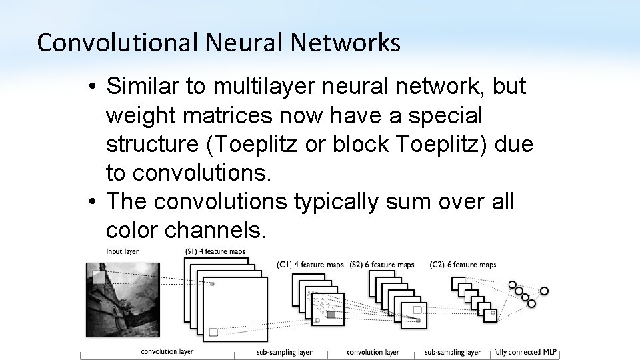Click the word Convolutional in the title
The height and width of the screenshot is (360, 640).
(x=117, y=43)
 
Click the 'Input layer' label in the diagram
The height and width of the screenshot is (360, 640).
(x=122, y=251)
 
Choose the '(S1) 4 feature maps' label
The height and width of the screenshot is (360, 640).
(x=215, y=251)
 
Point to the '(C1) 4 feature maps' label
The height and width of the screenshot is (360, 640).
(x=310, y=265)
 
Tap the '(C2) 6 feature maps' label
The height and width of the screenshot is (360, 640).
(x=463, y=265)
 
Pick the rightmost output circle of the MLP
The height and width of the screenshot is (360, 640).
(x=544, y=291)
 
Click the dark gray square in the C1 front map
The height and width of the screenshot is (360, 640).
(x=331, y=314)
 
